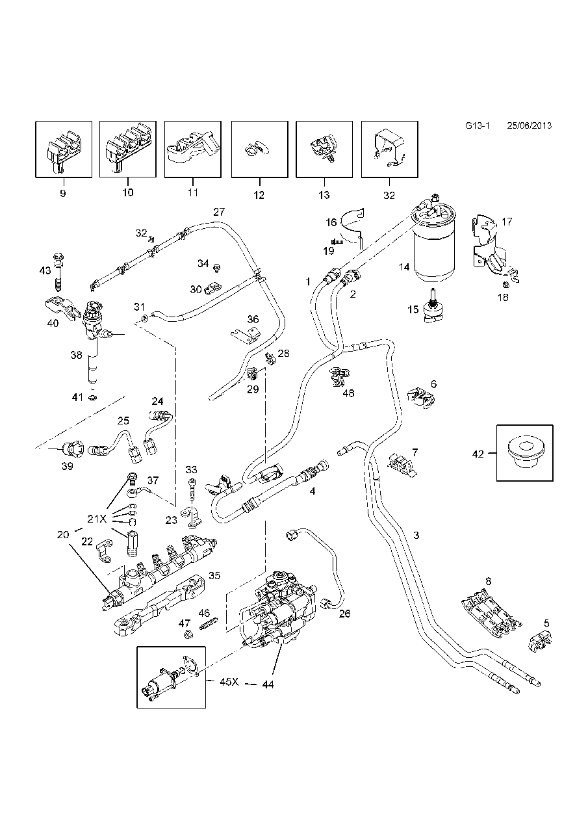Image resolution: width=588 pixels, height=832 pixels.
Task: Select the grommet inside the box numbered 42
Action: click(526, 452)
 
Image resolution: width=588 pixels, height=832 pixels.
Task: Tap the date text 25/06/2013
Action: click(529, 126)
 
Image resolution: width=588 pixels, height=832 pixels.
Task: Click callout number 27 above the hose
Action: click(218, 212)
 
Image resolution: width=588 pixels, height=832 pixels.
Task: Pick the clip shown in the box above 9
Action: click(63, 149)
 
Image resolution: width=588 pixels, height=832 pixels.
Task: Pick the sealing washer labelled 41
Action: click(92, 397)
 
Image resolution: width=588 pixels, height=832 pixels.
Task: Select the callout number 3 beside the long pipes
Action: click(416, 536)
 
